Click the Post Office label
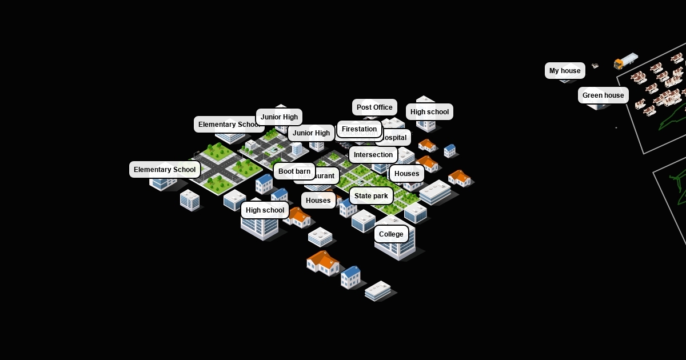tap(374, 107)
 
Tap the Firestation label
tap(359, 129)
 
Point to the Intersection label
tap(373, 155)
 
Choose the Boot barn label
tap(294, 171)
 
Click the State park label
tap(371, 196)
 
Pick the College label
tap(391, 234)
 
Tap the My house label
tap(565, 71)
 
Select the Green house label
tap(603, 95)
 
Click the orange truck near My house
tap(625, 61)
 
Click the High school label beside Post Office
tap(429, 112)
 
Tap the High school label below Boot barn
tap(265, 210)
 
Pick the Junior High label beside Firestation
tap(311, 133)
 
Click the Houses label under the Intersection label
tap(407, 174)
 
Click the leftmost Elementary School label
tap(165, 170)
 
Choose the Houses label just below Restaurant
tap(318, 201)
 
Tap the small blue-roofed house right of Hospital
tap(450, 150)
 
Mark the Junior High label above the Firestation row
tap(279, 117)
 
